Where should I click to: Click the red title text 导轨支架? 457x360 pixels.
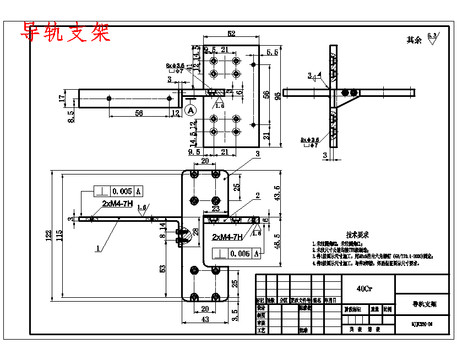point(66,32)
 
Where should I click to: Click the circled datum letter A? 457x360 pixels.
point(191,110)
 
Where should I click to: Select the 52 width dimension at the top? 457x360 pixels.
point(231,34)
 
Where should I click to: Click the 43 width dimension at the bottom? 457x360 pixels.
point(205,320)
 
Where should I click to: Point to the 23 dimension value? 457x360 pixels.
point(215,209)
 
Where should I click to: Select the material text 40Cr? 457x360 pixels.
point(363,288)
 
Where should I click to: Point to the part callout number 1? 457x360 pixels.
point(97,248)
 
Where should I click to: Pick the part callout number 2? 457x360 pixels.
point(257,196)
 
